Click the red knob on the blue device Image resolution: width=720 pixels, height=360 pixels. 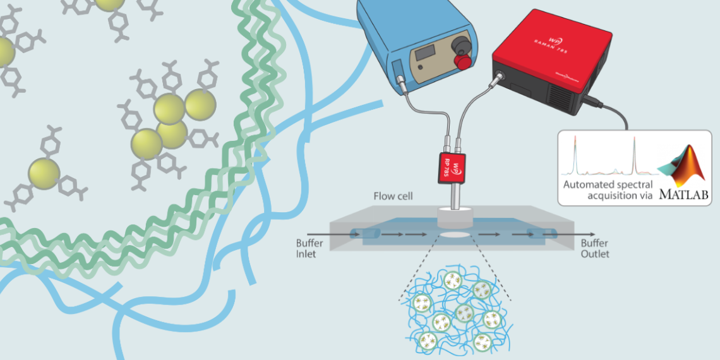(464, 62)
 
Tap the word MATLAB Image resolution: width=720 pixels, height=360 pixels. (683, 195)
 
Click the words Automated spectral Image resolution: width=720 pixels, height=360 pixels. (606, 184)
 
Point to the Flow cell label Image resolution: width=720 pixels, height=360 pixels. (393, 196)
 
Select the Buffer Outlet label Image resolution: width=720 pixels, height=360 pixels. (596, 248)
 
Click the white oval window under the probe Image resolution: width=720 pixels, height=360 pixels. (455, 234)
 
